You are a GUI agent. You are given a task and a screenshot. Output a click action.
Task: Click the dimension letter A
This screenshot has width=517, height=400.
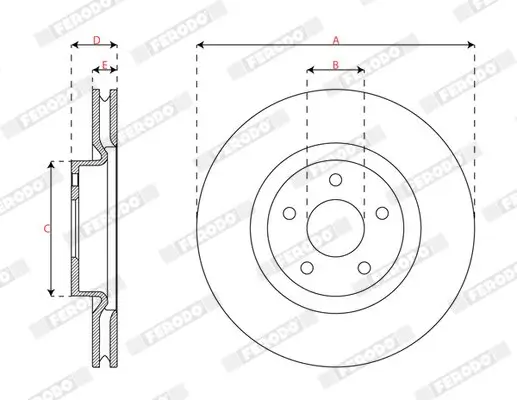(x=335, y=39)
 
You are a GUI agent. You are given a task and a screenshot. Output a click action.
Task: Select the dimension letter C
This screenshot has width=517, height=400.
(x=46, y=229)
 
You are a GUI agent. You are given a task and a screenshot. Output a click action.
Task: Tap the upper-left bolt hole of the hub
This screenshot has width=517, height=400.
(x=289, y=213)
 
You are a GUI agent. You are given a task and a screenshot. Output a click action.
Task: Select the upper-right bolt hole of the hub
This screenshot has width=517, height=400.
(x=381, y=213)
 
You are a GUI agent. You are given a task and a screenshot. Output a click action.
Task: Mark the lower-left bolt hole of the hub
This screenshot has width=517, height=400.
(x=307, y=267)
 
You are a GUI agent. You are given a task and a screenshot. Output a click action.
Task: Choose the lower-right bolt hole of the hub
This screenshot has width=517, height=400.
(x=364, y=267)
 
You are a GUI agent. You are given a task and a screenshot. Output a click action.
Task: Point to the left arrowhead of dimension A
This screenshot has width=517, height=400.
(x=200, y=46)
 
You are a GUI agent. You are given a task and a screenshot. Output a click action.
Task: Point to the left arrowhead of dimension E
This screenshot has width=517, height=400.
(x=97, y=71)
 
